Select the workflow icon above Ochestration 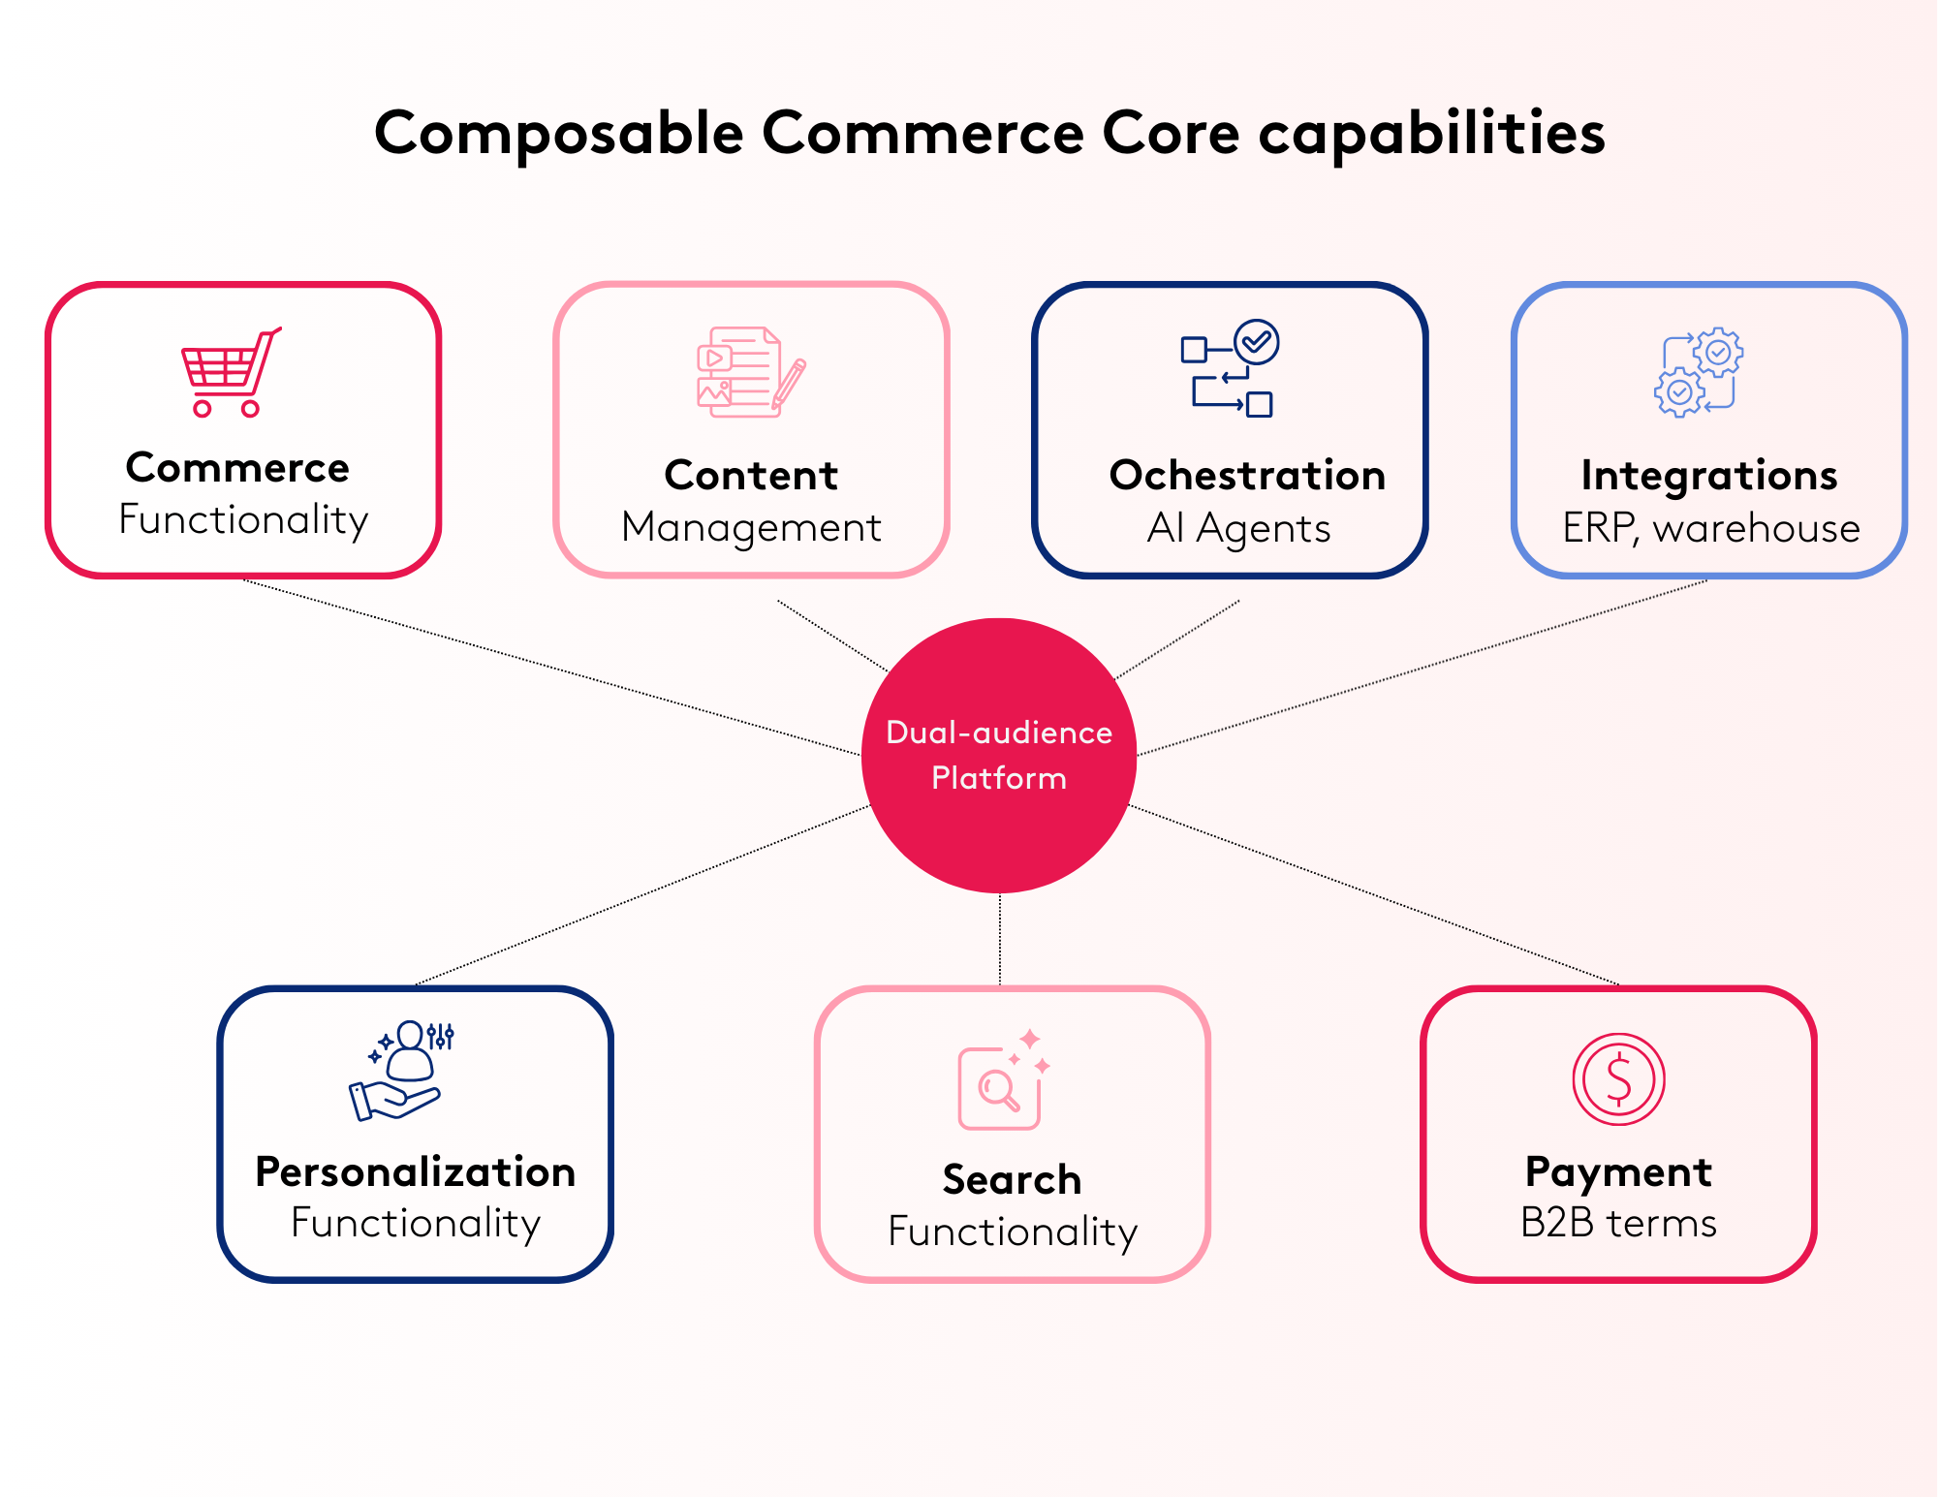tap(1230, 369)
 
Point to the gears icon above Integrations tap(1699, 373)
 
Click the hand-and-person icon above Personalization tap(400, 1071)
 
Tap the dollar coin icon tap(1618, 1078)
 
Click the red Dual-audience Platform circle tap(999, 755)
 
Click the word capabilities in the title tap(1431, 134)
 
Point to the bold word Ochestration tap(1247, 476)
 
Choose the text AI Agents tap(1238, 529)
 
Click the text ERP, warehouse tap(1710, 529)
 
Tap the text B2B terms tap(1618, 1223)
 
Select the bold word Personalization tap(415, 1172)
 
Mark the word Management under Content tap(751, 528)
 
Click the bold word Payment tap(1618, 1172)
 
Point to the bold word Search tap(1012, 1180)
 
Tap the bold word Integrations tap(1709, 476)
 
